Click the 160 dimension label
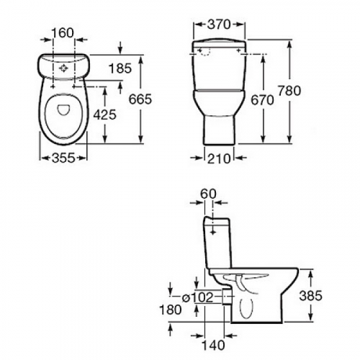point(63,33)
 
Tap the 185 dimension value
point(120,68)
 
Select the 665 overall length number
point(140,99)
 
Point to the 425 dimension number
point(104,114)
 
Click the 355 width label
point(63,158)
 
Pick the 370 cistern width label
point(219,24)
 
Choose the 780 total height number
point(289,91)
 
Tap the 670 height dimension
point(262,100)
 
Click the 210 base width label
point(219,158)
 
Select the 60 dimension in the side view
point(208,194)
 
